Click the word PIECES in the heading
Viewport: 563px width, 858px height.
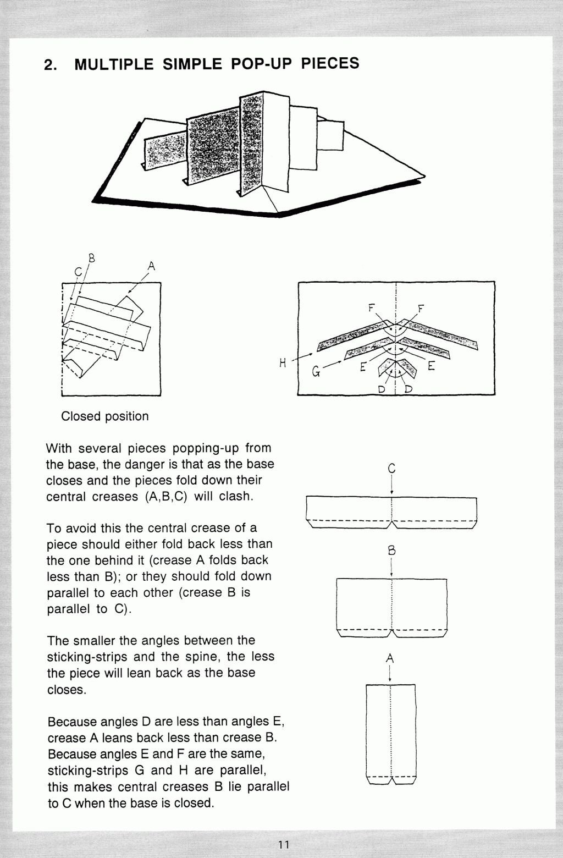click(330, 63)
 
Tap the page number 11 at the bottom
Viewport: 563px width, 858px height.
click(284, 844)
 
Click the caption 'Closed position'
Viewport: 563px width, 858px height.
click(104, 416)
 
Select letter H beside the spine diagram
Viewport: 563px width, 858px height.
click(283, 363)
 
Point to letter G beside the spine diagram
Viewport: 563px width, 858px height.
click(316, 372)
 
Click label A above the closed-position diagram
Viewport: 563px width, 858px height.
click(151, 267)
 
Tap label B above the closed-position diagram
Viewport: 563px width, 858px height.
click(91, 257)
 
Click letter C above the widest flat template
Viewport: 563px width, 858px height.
click(391, 469)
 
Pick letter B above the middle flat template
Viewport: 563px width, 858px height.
click(391, 551)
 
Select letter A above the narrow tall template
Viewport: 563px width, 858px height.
click(390, 658)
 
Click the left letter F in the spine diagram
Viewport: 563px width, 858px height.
click(372, 309)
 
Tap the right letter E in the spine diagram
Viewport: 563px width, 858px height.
click(431, 366)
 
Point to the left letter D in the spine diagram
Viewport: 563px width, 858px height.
click(381, 389)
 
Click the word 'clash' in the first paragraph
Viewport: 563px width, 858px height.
click(236, 496)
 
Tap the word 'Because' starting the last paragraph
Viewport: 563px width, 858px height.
click(70, 722)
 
